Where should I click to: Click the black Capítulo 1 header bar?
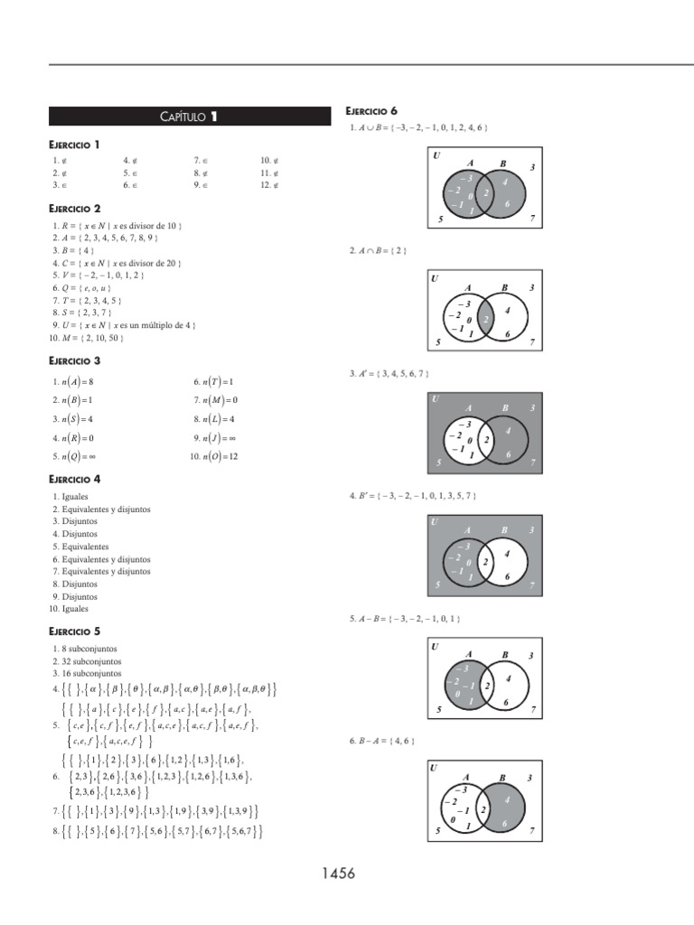pos(190,116)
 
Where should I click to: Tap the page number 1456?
pos(337,874)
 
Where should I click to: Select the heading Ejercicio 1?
pos(74,145)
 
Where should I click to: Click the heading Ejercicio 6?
pos(372,111)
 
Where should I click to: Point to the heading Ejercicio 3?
pos(74,360)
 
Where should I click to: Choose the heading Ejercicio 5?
pos(74,631)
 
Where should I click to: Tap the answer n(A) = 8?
pos(73,381)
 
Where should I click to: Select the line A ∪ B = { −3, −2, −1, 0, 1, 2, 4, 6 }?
pos(419,128)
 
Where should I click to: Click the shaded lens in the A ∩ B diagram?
pos(486,319)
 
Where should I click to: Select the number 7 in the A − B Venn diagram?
pos(532,710)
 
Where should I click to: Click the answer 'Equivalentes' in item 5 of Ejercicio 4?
pos(86,547)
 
